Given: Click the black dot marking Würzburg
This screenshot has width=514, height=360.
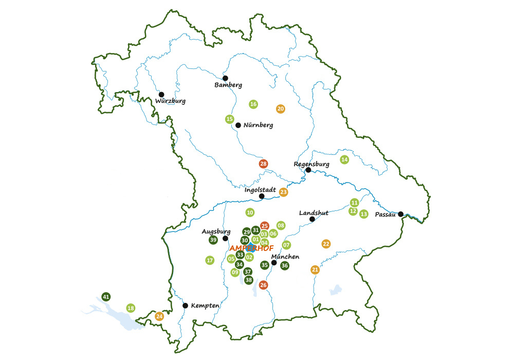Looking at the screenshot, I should [161, 95].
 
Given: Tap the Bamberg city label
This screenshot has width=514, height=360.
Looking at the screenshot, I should [228, 85].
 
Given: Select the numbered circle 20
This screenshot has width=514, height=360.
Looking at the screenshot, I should [280, 109].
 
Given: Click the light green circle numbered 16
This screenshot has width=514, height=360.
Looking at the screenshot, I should [253, 104].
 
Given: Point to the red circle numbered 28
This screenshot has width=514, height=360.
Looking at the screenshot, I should [263, 164].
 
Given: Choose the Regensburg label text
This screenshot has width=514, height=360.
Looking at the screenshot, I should [311, 165].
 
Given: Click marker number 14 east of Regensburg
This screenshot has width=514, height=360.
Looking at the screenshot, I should [344, 159].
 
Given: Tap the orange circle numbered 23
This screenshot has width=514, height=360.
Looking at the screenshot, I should [284, 192].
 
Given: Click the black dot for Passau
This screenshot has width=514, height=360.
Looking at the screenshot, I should [400, 214].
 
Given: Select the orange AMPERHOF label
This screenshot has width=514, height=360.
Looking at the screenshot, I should [252, 248].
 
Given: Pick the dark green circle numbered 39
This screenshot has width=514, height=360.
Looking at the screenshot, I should [213, 240].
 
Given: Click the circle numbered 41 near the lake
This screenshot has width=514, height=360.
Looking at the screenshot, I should [106, 297].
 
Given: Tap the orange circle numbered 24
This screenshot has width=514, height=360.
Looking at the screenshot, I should [159, 316].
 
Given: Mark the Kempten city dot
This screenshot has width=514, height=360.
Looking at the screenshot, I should [186, 305].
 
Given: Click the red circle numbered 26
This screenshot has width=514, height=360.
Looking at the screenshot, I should [263, 285].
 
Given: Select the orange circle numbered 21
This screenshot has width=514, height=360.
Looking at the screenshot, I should [315, 269].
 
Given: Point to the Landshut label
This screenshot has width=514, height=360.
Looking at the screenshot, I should [314, 213].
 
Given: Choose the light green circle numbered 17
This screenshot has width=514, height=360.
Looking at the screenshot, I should [209, 260].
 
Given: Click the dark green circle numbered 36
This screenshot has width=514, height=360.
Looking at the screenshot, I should [284, 265].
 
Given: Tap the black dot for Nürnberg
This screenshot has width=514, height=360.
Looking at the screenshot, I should [238, 125].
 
